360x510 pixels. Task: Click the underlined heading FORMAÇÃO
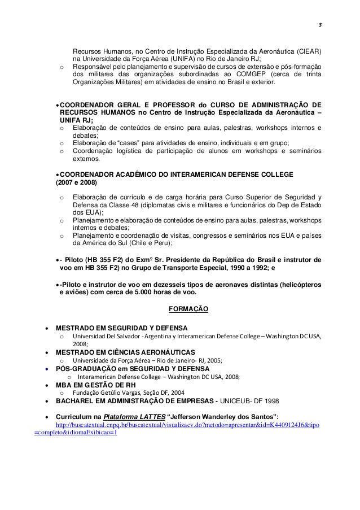(188, 309)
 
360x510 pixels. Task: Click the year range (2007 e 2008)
(76, 183)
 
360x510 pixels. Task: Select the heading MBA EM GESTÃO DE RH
(95, 385)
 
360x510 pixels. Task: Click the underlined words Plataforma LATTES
(134, 416)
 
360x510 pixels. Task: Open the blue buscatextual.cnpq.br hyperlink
(186, 424)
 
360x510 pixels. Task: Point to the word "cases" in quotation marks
(130, 142)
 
